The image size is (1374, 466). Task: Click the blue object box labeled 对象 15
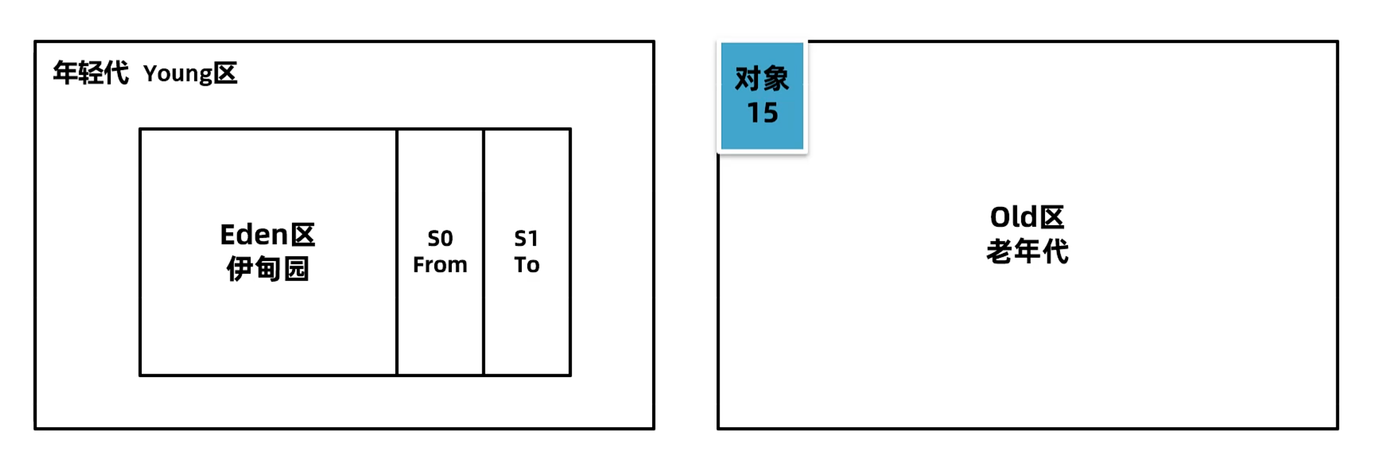tap(762, 96)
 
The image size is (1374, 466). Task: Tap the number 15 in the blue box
tap(762, 113)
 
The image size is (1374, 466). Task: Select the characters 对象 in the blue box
tap(762, 78)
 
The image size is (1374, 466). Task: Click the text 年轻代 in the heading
tap(91, 73)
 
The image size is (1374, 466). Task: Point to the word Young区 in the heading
tap(190, 74)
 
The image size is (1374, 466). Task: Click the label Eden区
tap(267, 235)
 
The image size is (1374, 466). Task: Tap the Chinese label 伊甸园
tap(268, 268)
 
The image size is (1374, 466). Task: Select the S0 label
tap(440, 238)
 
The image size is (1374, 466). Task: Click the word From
tap(440, 265)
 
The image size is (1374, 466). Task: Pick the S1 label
tap(526, 238)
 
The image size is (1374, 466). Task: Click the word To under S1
tap(527, 265)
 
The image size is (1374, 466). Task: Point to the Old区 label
tap(1027, 217)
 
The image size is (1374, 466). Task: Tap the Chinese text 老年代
tap(1027, 251)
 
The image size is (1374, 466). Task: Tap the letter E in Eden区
tap(227, 235)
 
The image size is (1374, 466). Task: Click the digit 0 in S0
tap(447, 238)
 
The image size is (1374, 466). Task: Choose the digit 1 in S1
tap(533, 238)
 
